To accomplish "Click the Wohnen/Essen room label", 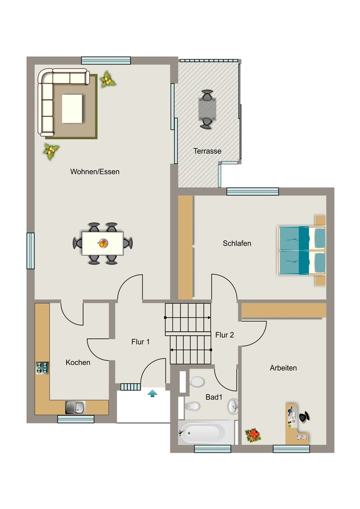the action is click(x=95, y=171).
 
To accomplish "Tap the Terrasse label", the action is click(x=207, y=151).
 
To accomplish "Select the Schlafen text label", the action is click(x=237, y=243).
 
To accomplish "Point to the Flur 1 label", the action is click(x=141, y=341).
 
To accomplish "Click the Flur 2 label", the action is click(x=225, y=335).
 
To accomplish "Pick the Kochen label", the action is click(x=78, y=362).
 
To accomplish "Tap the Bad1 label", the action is click(x=214, y=397).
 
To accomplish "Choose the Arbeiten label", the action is click(x=283, y=368).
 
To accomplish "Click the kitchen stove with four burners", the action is click(x=42, y=368).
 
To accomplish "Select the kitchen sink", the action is click(x=75, y=408).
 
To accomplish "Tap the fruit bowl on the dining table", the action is click(x=103, y=243).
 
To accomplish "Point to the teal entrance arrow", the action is click(x=152, y=394).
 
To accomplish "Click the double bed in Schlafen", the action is click(x=301, y=251).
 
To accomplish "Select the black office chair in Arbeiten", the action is click(x=304, y=417).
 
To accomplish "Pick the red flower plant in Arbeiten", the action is click(x=253, y=435).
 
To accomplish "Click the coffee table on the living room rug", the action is click(x=72, y=109).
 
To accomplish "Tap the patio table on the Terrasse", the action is click(x=207, y=109).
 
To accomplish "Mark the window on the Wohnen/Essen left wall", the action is click(x=30, y=251).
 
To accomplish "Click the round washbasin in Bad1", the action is click(x=233, y=407).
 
